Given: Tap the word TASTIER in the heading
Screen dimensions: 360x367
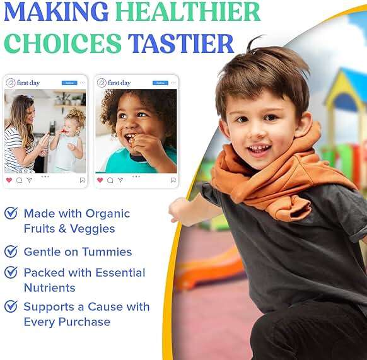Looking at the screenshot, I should point(181,44).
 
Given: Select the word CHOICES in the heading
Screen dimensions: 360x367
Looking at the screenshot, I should point(63,44).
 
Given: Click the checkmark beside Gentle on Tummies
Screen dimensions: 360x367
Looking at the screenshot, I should point(11,252).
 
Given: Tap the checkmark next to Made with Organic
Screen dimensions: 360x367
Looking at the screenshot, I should point(11,213).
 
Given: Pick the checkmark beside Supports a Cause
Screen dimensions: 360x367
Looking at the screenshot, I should point(11,307).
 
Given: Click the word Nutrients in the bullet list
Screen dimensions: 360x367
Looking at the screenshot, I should point(49,288).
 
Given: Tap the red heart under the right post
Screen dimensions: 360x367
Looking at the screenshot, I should point(100,180).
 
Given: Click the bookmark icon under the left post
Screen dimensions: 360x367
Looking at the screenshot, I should point(82,180).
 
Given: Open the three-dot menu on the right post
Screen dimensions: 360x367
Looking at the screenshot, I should point(173,83).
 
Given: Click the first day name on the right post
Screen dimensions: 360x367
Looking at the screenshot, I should point(119,83).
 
